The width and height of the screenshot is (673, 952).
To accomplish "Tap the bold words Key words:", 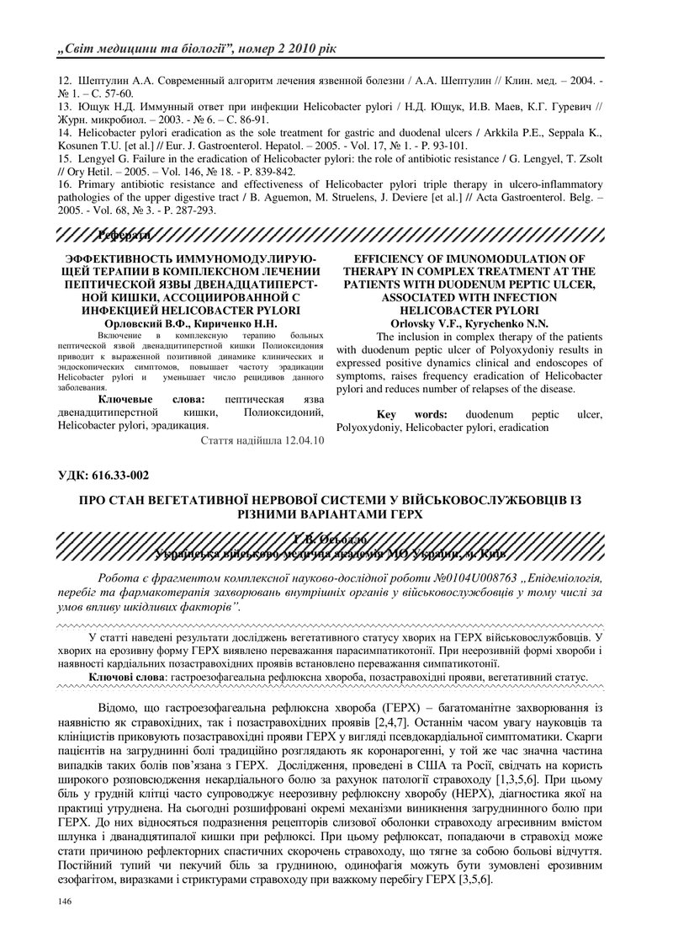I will coord(411,415).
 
